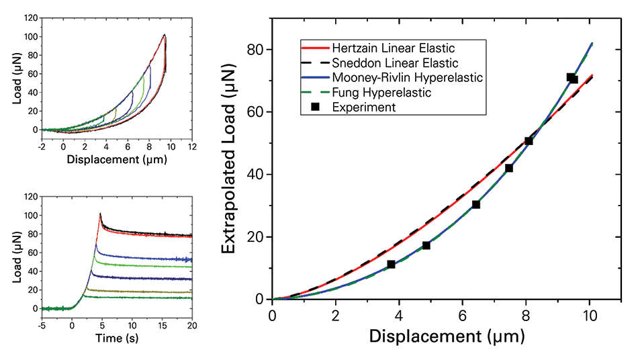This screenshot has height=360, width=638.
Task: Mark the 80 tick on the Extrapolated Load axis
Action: (x=257, y=50)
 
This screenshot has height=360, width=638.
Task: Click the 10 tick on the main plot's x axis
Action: (x=589, y=314)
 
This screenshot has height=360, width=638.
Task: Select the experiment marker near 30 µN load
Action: (x=476, y=204)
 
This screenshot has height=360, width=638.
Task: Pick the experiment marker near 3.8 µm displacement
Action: (x=392, y=265)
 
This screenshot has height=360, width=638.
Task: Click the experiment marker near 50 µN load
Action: (x=529, y=141)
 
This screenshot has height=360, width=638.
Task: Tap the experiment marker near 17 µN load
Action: (x=426, y=246)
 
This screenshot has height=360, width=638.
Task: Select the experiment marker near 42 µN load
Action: (x=509, y=168)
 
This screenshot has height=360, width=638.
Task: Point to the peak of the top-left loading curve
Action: (x=165, y=35)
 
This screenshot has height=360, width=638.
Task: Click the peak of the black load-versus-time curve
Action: (x=100, y=214)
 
